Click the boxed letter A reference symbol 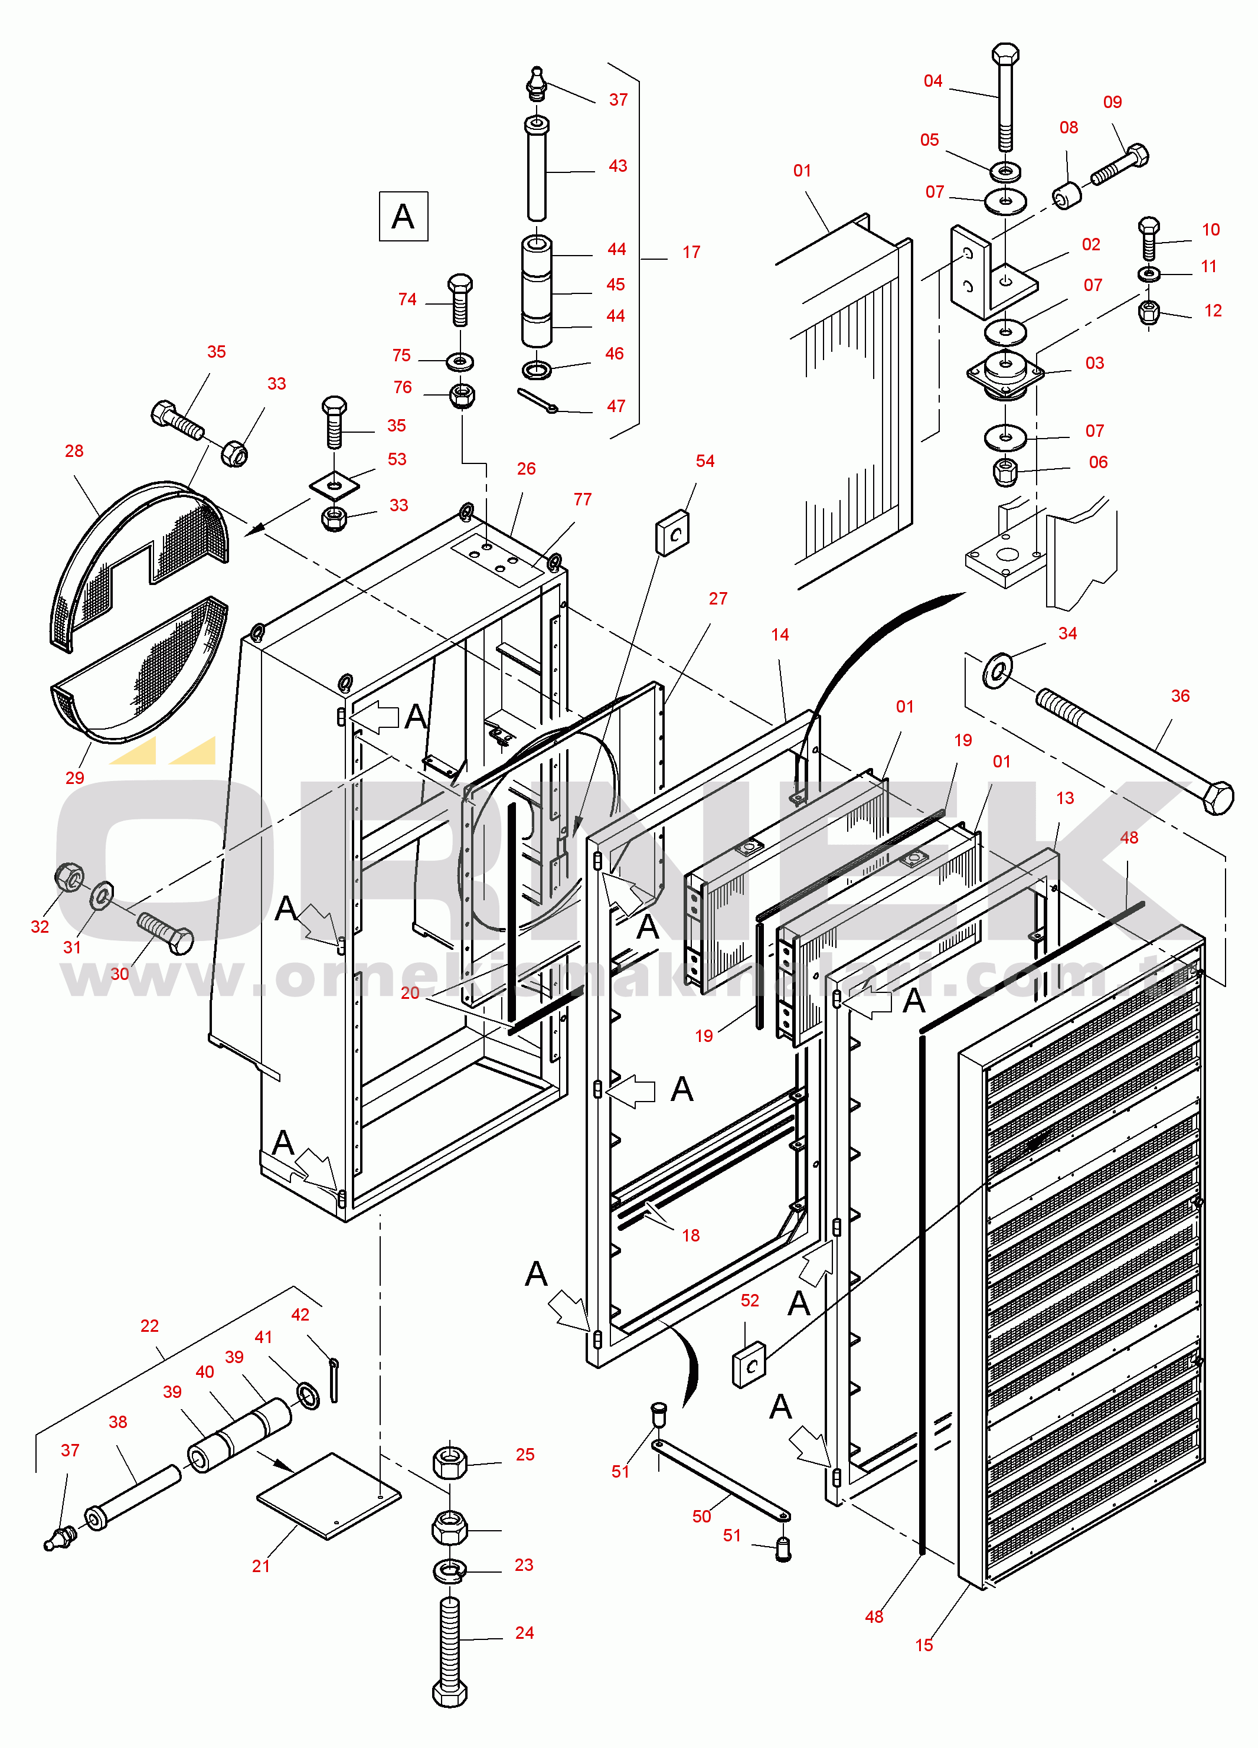403,217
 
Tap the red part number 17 691,252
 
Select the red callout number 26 526,469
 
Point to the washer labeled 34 998,670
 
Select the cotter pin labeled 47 537,401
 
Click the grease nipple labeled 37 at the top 537,83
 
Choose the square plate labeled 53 335,485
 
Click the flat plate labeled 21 329,1495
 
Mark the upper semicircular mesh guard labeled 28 139,563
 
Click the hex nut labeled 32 70,877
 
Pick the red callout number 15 923,1645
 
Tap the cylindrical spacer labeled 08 1067,195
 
